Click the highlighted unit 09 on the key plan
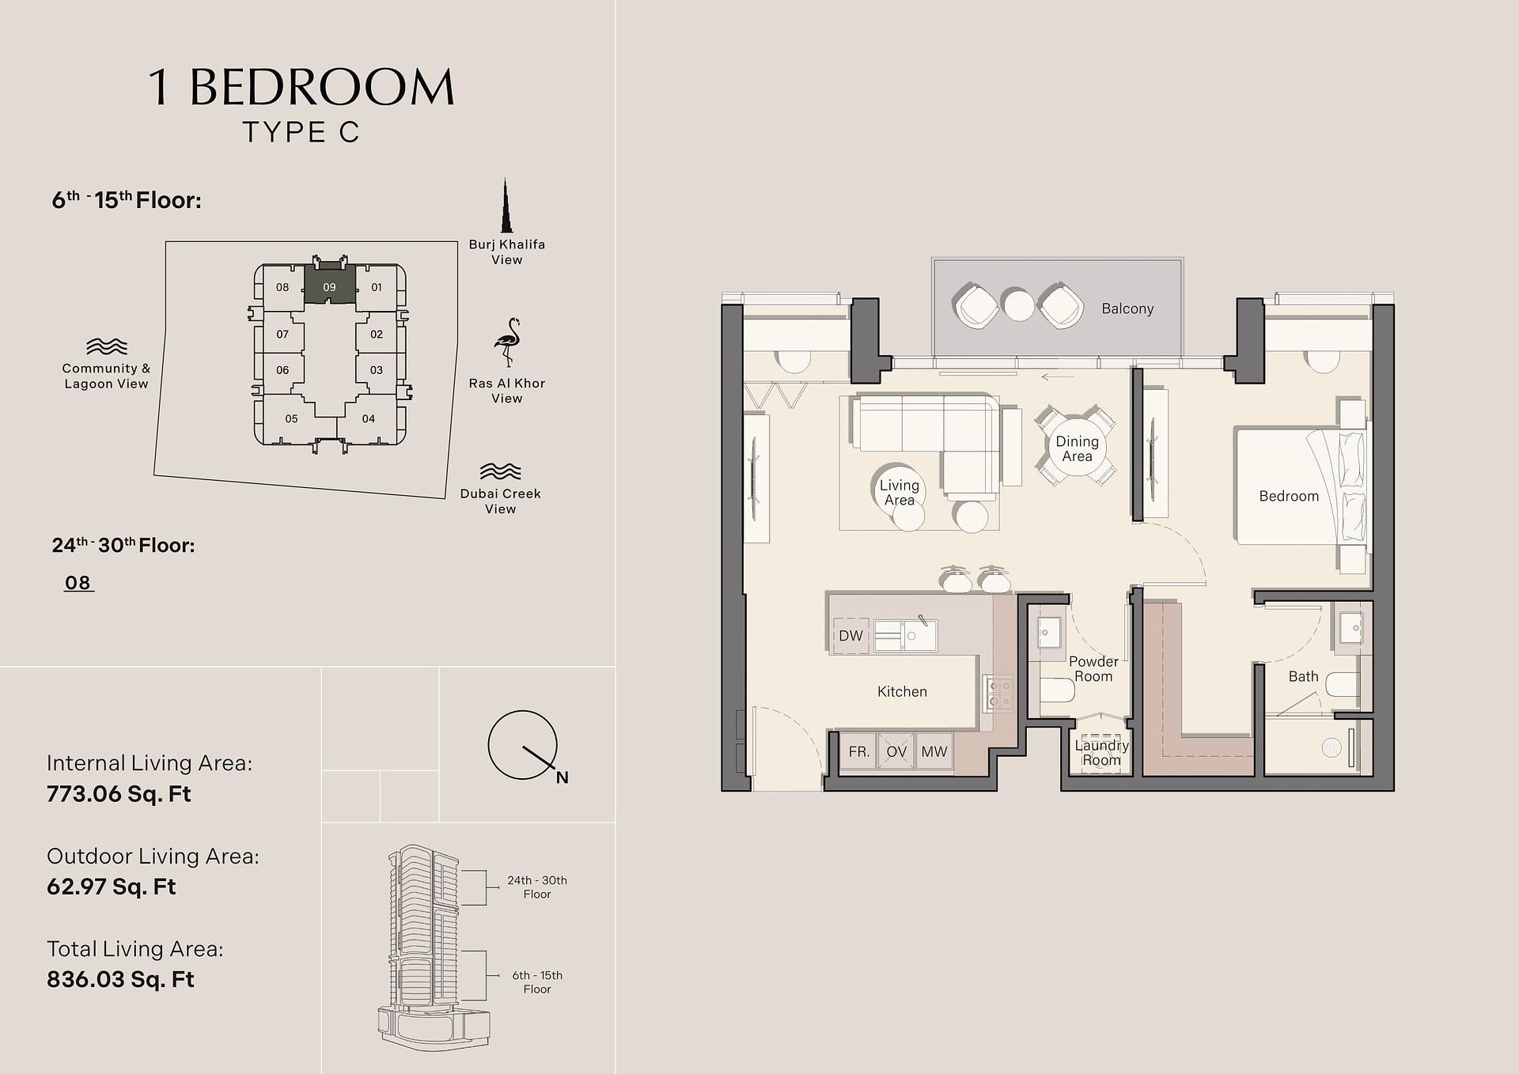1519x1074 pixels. click(329, 286)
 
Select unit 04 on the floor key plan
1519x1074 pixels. click(368, 419)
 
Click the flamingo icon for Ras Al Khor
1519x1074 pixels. click(506, 342)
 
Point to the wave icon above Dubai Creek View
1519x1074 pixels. click(500, 471)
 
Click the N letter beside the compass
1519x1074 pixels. click(562, 777)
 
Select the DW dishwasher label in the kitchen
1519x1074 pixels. click(850, 636)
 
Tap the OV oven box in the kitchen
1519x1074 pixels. click(896, 751)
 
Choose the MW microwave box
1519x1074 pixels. click(934, 751)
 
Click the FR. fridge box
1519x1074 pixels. click(859, 751)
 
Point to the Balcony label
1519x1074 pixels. click(1127, 308)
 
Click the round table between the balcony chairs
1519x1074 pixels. click(1019, 305)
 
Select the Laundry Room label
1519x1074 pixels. click(1101, 752)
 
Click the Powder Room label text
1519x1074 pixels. click(1093, 668)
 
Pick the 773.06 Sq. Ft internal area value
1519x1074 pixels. click(119, 794)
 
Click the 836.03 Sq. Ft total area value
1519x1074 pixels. click(120, 979)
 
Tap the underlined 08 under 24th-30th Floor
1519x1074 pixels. click(78, 583)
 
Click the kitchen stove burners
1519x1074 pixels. click(998, 694)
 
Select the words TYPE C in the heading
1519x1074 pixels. click(301, 132)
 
